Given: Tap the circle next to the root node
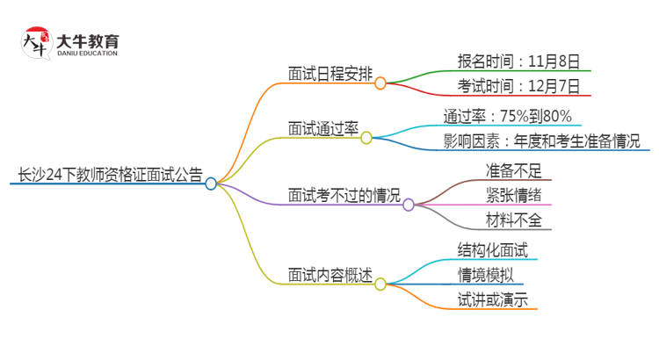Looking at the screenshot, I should point(211,184).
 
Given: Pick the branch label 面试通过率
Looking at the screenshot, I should point(322,128).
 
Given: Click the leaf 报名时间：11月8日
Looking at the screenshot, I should point(518,61).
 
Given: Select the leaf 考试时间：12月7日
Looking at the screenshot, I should point(518,86).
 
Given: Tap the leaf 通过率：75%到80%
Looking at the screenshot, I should point(508,116).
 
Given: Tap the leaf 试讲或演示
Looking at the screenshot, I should point(492,299).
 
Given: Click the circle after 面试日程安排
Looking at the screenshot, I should point(380,83).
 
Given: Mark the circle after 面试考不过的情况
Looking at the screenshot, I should point(409,205).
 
